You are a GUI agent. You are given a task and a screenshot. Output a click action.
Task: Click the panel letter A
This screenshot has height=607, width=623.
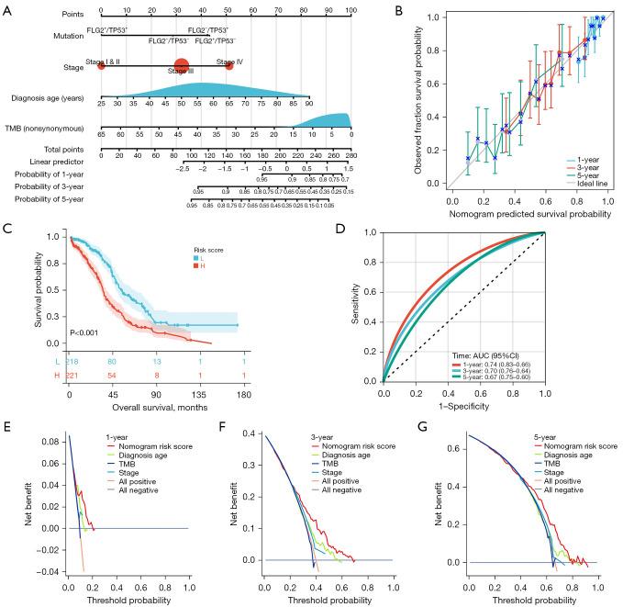[8, 8]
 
